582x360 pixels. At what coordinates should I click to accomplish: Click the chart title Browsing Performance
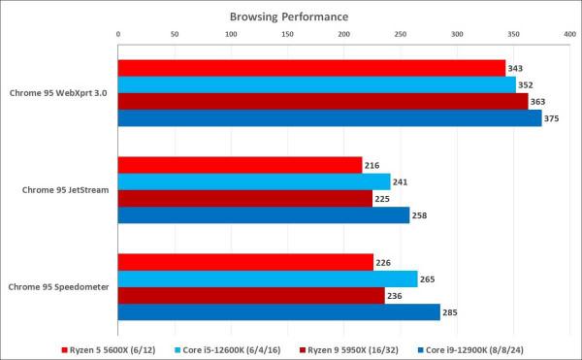tap(289, 16)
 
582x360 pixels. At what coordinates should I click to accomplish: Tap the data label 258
tap(420, 215)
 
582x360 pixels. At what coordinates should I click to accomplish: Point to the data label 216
tap(372, 165)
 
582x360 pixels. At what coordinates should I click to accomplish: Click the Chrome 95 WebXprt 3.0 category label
tap(59, 93)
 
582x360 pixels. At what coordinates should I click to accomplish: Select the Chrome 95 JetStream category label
tap(65, 190)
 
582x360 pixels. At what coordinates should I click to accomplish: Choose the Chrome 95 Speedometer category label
tap(59, 287)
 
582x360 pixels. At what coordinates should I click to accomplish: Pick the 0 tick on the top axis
tap(118, 34)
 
